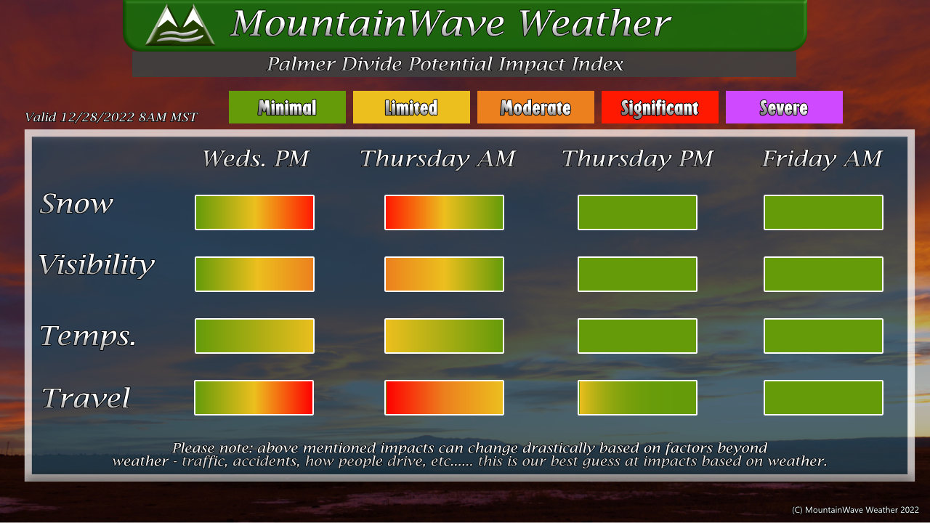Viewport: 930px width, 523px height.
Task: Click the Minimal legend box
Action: click(x=287, y=107)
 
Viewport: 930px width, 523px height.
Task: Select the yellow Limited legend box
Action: click(x=411, y=107)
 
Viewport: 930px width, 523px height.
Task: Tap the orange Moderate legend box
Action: click(x=535, y=107)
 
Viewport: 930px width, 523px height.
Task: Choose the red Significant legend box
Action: click(x=660, y=107)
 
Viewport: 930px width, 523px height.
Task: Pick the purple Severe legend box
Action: click(x=784, y=107)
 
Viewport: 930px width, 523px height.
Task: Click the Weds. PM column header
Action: click(x=255, y=158)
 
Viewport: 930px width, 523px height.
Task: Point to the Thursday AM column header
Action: click(x=437, y=159)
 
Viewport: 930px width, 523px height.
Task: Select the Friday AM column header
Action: click(x=822, y=159)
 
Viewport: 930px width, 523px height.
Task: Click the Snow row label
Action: click(x=76, y=203)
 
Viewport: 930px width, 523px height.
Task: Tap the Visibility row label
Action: click(x=97, y=265)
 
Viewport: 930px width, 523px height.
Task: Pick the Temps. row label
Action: click(x=88, y=336)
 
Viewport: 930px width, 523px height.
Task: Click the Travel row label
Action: click(x=86, y=397)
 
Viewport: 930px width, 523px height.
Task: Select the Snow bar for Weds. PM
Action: click(x=254, y=212)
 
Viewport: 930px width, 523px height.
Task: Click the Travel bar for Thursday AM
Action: click(x=444, y=397)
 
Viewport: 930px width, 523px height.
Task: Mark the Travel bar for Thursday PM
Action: click(x=637, y=397)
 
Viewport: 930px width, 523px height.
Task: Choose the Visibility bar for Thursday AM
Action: click(x=444, y=274)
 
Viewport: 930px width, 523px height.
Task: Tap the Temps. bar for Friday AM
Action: click(x=823, y=336)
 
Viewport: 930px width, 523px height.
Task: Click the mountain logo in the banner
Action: click(x=180, y=25)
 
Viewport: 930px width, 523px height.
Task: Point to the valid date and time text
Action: click(x=111, y=117)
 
